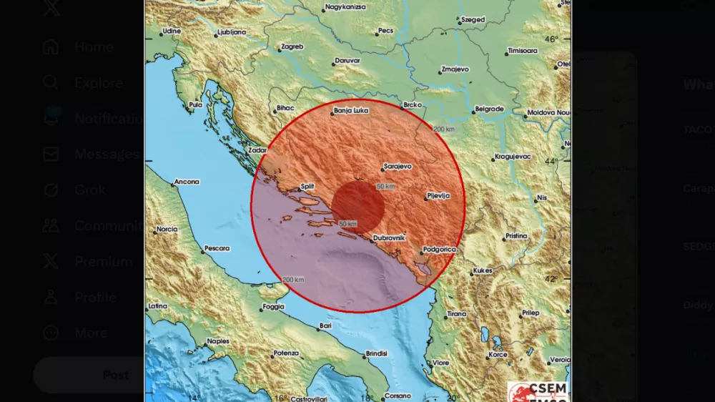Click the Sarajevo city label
tap(398, 166)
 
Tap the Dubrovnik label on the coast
tap(389, 237)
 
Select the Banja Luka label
tap(352, 112)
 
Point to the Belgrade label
tap(490, 109)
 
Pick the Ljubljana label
tap(232, 32)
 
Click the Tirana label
tap(456, 314)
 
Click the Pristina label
tap(516, 236)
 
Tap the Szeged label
tap(473, 20)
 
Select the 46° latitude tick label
tap(552, 40)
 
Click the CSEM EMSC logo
tap(538, 392)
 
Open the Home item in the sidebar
tap(93, 47)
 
